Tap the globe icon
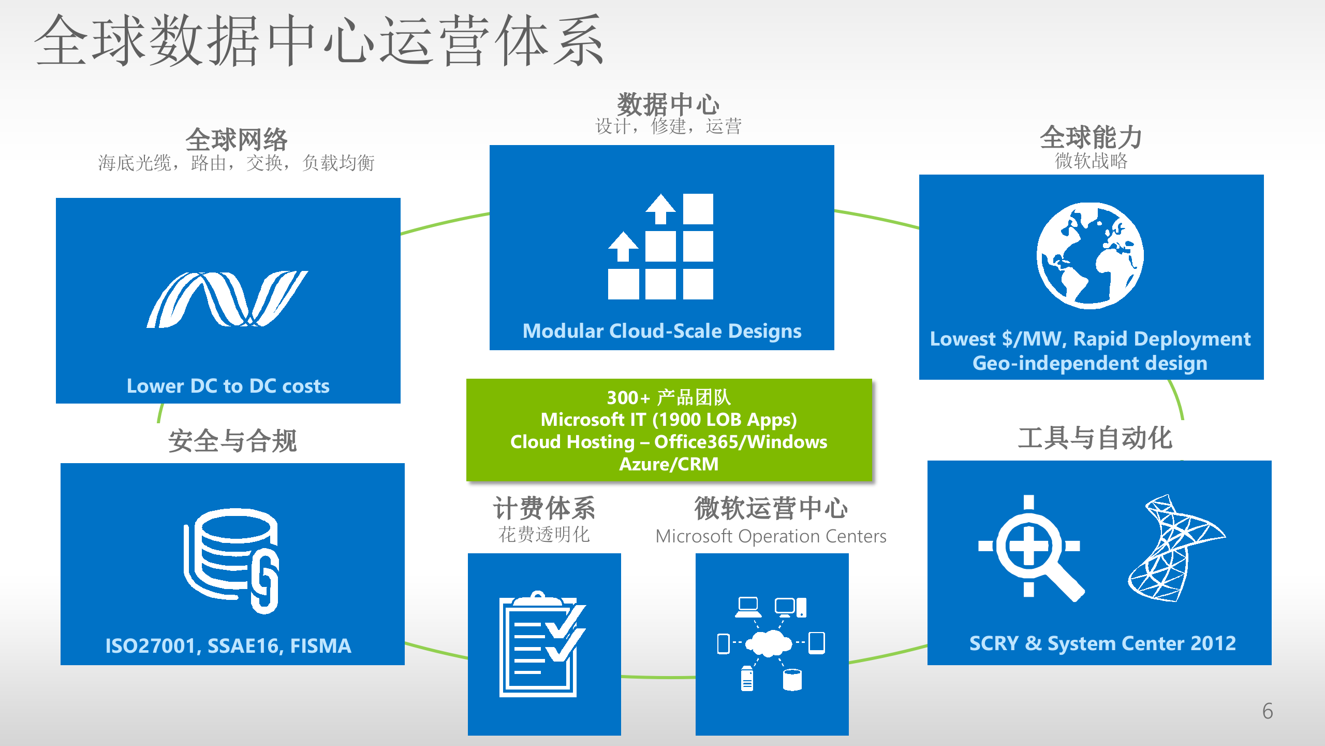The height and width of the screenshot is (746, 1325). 1090,256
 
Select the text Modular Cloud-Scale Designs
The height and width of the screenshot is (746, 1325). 662,331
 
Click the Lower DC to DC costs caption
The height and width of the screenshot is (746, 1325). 228,386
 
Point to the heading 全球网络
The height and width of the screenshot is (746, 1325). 236,139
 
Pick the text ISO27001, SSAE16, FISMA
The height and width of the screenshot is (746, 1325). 228,646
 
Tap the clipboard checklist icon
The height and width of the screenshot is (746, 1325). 541,644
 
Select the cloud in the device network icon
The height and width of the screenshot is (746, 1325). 771,643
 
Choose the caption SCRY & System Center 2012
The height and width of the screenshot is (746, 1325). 1102,643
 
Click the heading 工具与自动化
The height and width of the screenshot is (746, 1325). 1095,438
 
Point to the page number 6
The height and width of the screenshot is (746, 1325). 1267,711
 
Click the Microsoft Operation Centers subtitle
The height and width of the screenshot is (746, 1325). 771,536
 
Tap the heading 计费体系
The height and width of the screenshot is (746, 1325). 543,508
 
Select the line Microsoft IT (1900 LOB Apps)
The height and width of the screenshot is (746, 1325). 669,420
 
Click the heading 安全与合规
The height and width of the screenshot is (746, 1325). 232,441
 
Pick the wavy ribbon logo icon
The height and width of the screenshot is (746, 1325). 227,299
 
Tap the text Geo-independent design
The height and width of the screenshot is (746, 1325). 1090,363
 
